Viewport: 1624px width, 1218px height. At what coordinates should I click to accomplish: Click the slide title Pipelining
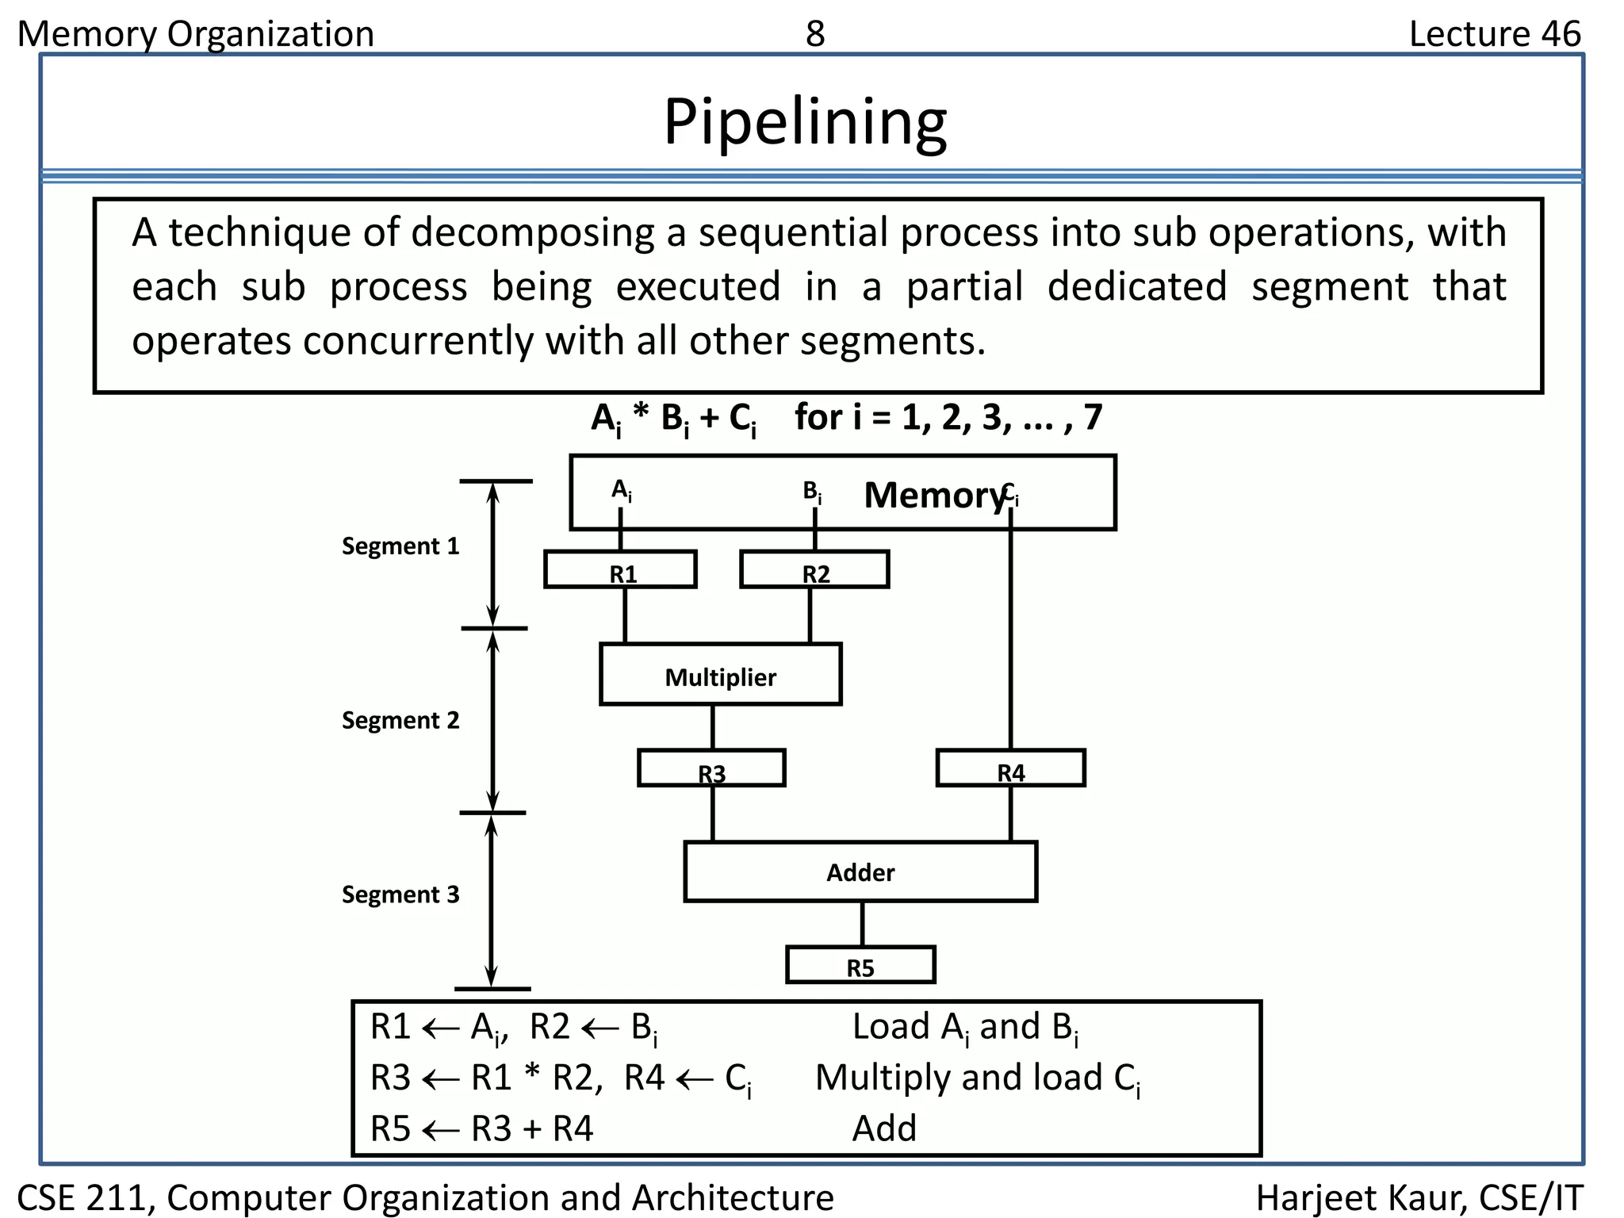[805, 122]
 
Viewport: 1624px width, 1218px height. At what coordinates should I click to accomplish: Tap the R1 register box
[620, 570]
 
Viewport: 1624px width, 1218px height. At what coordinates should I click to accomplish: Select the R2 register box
[814, 570]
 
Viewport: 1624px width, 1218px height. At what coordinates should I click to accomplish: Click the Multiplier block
[720, 676]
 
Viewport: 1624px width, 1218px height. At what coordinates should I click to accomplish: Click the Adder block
[860, 872]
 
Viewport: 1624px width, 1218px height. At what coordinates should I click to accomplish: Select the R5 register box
[860, 966]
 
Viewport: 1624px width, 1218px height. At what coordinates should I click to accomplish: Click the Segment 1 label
[400, 546]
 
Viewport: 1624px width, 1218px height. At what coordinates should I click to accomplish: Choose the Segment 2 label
[400, 721]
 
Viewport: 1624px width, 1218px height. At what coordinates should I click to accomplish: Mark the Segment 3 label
[400, 895]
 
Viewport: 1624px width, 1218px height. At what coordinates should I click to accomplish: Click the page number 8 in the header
[815, 34]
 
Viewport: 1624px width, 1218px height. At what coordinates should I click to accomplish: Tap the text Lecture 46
[1494, 34]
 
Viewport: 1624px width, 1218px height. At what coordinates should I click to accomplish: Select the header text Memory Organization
[196, 34]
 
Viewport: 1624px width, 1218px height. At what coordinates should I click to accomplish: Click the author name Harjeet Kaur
[1361, 1197]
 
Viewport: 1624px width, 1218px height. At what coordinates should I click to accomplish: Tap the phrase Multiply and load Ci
[977, 1078]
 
